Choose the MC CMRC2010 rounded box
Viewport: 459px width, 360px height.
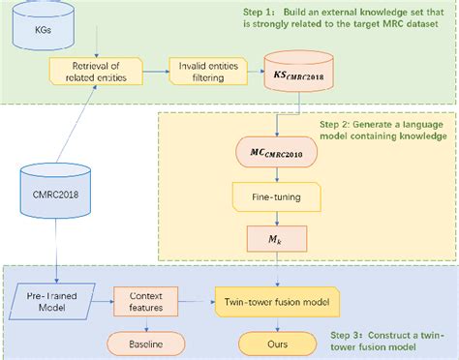(278, 153)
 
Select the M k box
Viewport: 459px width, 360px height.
(278, 237)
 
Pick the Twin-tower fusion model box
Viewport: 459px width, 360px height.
(278, 303)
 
